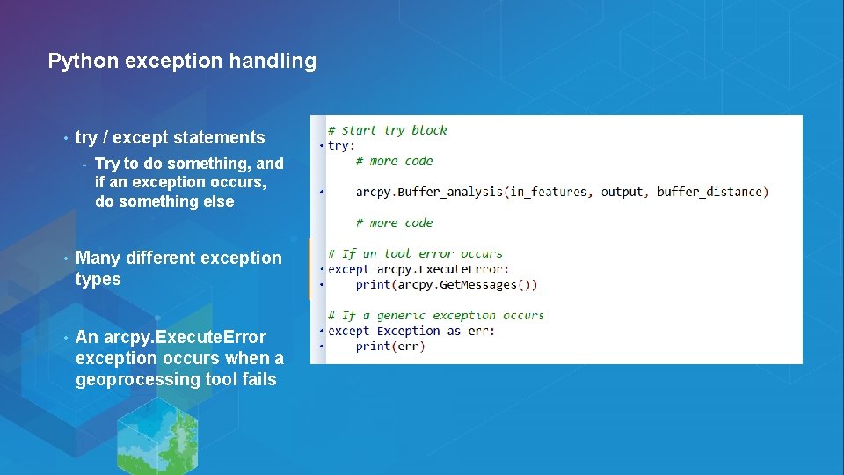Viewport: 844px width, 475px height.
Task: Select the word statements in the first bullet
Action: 219,137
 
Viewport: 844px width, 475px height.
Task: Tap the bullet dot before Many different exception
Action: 65,259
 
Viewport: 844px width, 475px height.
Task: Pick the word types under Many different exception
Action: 98,280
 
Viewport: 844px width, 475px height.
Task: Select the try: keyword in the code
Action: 341,145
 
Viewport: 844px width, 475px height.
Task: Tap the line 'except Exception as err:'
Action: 411,331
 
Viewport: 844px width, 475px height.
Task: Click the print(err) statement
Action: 390,346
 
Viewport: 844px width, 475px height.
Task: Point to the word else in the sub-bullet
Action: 217,201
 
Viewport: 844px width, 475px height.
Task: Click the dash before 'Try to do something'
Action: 84,164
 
